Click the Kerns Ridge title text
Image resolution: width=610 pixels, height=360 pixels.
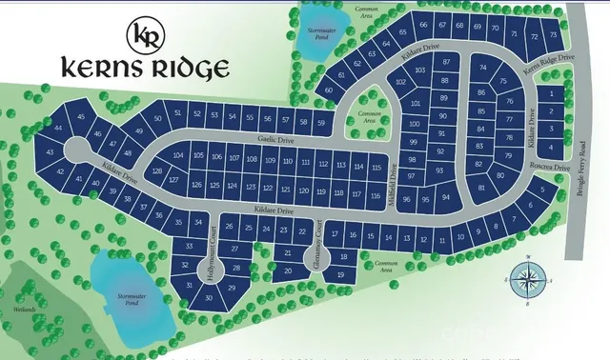tap(145, 69)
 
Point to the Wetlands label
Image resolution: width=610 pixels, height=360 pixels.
tap(24, 310)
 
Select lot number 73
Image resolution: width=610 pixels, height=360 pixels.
tap(554, 35)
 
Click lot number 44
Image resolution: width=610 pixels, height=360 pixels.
tap(59, 128)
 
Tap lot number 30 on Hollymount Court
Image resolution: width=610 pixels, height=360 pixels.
tap(210, 298)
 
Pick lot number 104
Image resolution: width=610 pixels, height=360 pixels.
tap(178, 155)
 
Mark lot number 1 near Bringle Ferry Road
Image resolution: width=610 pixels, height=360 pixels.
tap(552, 93)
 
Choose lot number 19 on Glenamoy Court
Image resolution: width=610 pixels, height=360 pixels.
tap(340, 274)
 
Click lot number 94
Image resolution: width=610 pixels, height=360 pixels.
tap(446, 197)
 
